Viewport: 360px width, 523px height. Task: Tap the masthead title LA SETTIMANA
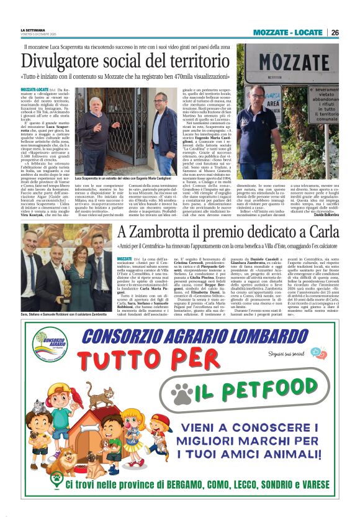[x=33, y=29]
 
